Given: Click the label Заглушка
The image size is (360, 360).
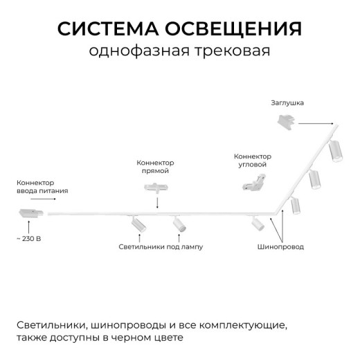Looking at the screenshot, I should [x=287, y=102].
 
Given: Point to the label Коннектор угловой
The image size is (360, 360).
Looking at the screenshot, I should [x=253, y=161].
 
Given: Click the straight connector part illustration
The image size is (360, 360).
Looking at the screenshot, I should [x=157, y=186].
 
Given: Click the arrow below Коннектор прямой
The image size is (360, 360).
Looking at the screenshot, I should [x=157, y=201].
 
